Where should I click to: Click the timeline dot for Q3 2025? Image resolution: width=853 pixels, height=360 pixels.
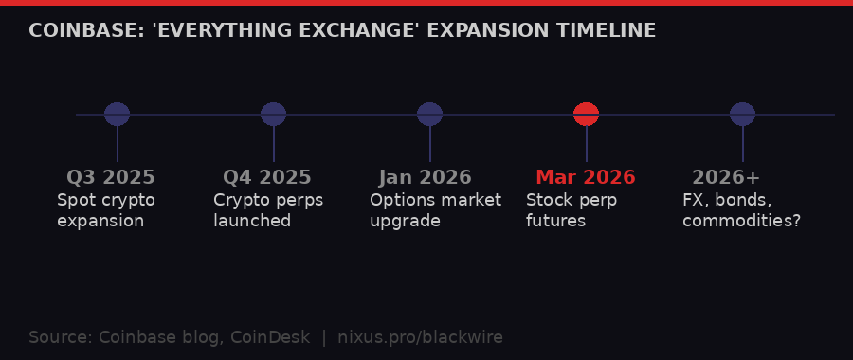point(117,115)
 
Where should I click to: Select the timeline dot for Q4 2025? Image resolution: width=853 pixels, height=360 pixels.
point(273,115)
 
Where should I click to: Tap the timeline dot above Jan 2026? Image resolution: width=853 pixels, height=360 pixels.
point(429,115)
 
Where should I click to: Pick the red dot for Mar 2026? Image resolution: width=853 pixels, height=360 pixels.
point(586,115)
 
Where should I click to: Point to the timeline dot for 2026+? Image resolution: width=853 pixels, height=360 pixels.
point(742,115)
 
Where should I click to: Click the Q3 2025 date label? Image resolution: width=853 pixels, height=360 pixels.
point(111,178)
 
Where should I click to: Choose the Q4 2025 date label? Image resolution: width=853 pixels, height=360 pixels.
point(267,178)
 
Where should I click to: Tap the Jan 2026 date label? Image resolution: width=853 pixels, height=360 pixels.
point(426,178)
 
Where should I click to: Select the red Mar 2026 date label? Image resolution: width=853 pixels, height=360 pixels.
point(586,178)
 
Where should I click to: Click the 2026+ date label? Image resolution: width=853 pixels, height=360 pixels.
point(726,178)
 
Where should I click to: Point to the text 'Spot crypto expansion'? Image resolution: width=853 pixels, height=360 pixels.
point(105,210)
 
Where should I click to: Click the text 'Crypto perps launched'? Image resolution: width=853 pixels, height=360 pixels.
point(268,210)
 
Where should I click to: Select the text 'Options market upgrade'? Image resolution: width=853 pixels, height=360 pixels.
point(435,210)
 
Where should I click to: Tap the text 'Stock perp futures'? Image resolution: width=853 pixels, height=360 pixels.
point(572,210)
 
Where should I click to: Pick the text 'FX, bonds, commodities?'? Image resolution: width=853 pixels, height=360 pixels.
point(741,210)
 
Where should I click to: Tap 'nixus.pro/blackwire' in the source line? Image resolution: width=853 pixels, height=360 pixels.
point(420,337)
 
